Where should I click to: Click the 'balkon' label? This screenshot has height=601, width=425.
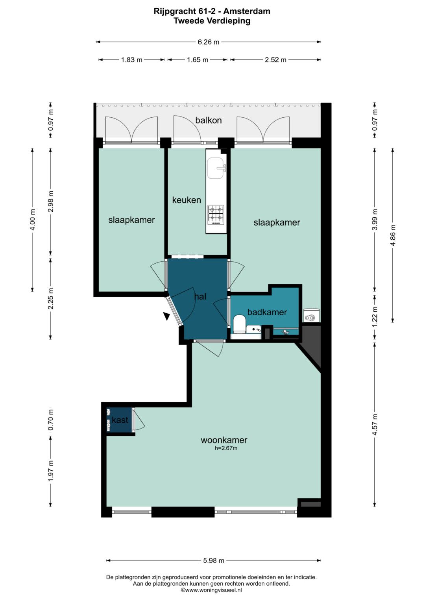[x=209, y=120]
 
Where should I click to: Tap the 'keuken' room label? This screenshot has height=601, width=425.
[x=187, y=200]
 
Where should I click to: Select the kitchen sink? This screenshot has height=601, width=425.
[x=216, y=168]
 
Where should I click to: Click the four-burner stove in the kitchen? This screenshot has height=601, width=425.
[x=216, y=215]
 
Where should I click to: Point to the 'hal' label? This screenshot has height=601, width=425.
[x=200, y=296]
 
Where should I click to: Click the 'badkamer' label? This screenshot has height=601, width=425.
[x=267, y=312]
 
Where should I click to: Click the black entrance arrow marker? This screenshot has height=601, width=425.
[x=166, y=316]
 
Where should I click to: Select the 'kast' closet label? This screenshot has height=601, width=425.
[x=120, y=420]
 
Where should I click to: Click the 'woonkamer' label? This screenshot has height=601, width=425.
[x=224, y=440]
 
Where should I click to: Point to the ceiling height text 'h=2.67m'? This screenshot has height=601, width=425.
[x=226, y=448]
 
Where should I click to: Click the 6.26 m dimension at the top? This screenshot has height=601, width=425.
[x=209, y=42]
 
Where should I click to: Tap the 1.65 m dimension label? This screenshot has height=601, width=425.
[x=198, y=59]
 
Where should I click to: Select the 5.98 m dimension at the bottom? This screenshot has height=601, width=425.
[x=214, y=560]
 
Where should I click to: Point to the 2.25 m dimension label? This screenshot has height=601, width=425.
[x=51, y=298]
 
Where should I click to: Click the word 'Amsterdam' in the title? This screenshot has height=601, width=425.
[x=247, y=11]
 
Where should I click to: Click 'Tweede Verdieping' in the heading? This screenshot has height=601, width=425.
[x=212, y=20]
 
